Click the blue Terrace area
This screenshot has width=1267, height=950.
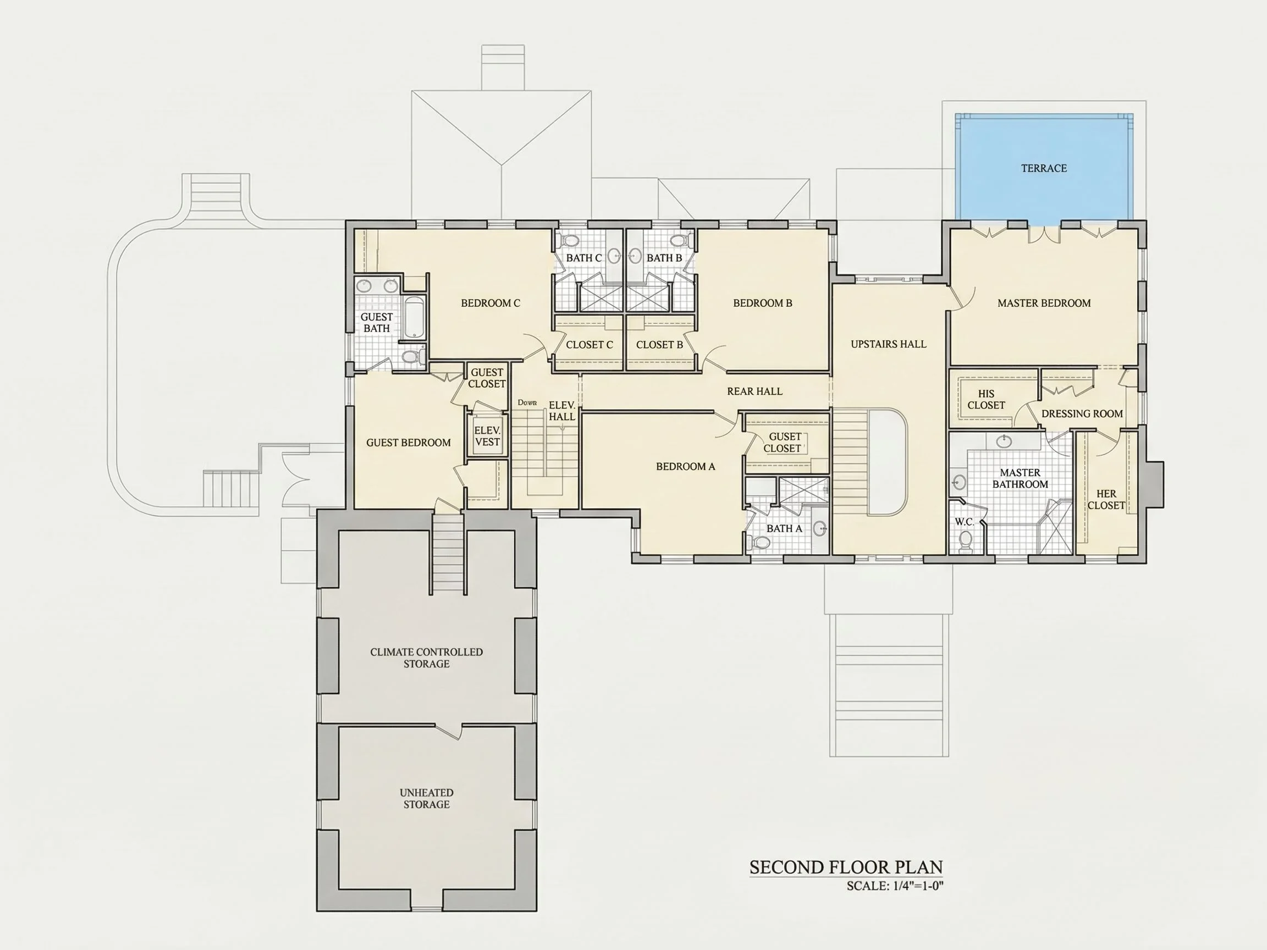click(1044, 167)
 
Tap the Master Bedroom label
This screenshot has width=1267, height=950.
click(1044, 303)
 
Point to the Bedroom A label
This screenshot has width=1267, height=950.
click(686, 467)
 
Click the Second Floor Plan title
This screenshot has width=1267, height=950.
click(846, 868)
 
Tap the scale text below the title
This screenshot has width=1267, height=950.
click(895, 886)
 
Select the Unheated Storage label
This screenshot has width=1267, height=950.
click(426, 798)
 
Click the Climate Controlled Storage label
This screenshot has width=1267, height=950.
click(426, 658)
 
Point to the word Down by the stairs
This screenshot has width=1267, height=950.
click(527, 402)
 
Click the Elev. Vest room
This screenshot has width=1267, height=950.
click(487, 436)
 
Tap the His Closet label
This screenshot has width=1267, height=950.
click(986, 399)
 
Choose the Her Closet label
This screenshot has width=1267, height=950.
click(1106, 499)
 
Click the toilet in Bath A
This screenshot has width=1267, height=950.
click(759, 542)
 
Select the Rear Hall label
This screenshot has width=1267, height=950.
click(754, 391)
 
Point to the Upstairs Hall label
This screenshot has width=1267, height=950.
click(889, 344)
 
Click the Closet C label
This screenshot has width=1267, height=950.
click(590, 345)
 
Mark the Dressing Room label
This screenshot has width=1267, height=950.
click(1082, 413)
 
